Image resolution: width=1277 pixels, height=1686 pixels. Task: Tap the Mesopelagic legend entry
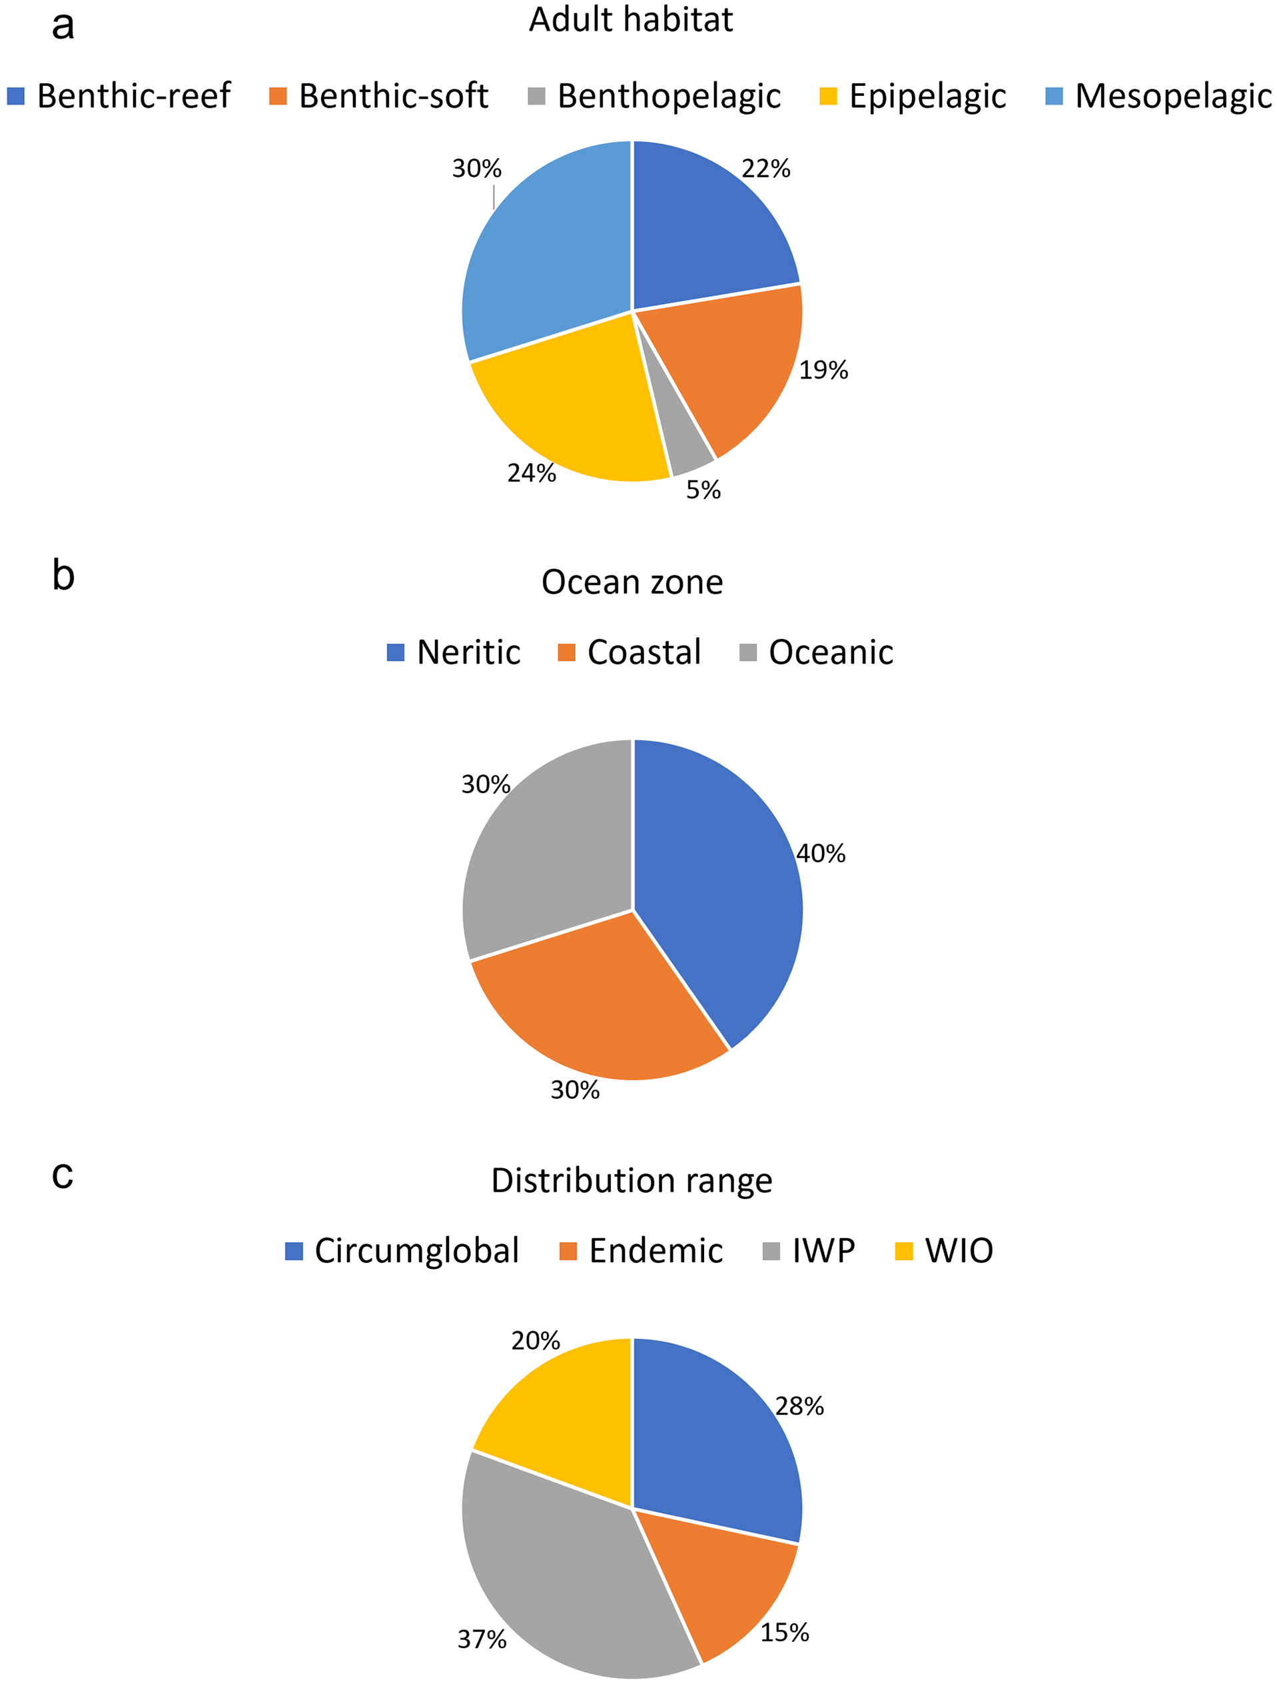coord(1158,97)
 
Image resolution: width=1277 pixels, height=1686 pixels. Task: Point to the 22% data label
coord(766,169)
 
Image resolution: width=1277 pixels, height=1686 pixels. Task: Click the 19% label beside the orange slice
coord(823,371)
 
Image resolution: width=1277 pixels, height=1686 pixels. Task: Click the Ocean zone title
coord(632,583)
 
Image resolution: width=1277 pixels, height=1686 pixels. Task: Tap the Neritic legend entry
coord(454,652)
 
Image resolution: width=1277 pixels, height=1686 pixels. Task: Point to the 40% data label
coord(821,854)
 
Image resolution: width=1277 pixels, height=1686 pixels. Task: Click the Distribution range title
coord(631,1181)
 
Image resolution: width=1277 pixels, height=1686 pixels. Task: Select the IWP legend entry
coord(809,1252)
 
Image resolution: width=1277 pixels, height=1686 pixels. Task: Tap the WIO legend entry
coord(945,1252)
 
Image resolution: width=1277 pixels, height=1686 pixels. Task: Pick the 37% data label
coord(482,1639)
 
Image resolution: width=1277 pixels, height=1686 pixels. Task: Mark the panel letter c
coord(63,1175)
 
